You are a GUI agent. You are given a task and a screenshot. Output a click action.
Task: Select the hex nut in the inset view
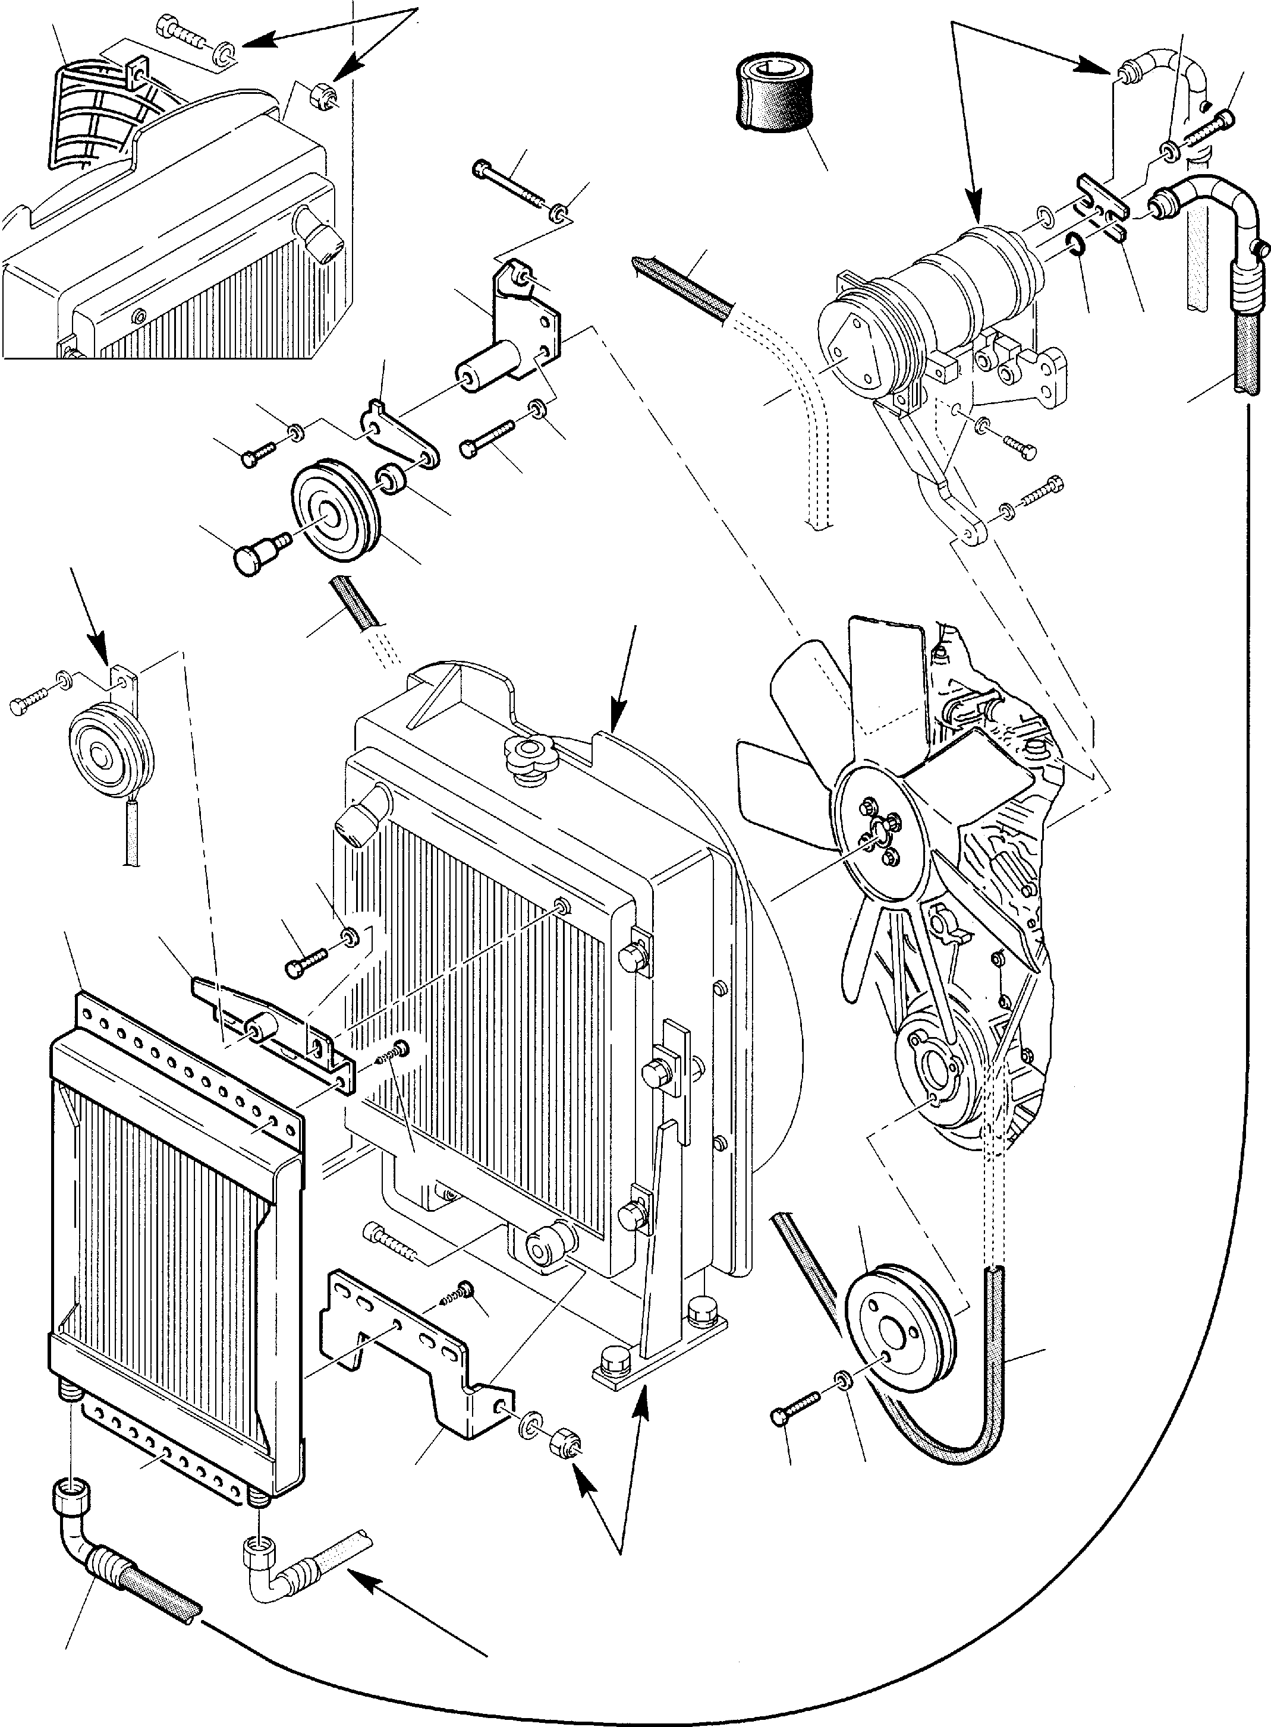(x=322, y=97)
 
